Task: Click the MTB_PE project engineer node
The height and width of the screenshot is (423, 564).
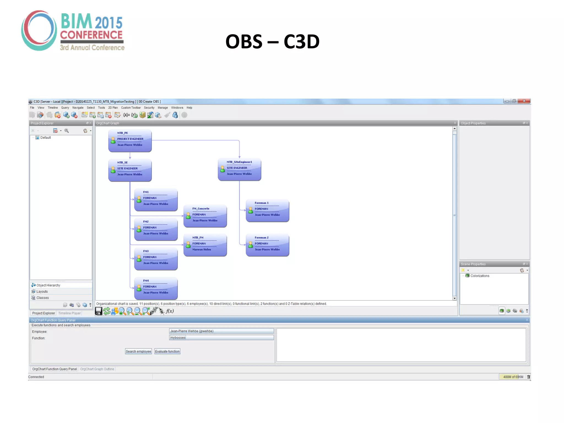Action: click(x=130, y=141)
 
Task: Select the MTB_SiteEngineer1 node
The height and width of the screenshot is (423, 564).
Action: click(x=239, y=169)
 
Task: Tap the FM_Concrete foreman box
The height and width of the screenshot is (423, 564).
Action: click(x=205, y=216)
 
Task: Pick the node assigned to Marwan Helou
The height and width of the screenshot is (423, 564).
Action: click(x=205, y=245)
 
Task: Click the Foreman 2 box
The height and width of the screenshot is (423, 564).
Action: click(x=267, y=245)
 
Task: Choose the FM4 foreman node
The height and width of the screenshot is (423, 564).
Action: click(x=156, y=288)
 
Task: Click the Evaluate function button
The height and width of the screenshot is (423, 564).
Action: click(x=167, y=351)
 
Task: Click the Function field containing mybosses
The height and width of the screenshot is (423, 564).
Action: click(x=221, y=338)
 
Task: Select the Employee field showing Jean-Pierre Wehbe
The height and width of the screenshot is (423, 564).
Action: click(x=221, y=331)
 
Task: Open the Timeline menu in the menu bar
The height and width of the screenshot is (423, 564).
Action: click(x=53, y=108)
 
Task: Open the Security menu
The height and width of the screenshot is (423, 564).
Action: click(x=149, y=108)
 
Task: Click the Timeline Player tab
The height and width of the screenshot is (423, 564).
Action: click(x=69, y=313)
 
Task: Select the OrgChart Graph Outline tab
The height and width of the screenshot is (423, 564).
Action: click(x=97, y=369)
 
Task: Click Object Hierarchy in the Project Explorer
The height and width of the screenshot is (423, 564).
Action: click(x=48, y=285)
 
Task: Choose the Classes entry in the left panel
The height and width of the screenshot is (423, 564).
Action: click(x=42, y=298)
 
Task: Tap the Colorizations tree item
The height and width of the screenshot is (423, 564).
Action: click(x=480, y=276)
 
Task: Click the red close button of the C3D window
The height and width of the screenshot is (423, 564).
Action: click(x=524, y=101)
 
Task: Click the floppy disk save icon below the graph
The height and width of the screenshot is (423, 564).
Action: click(x=99, y=311)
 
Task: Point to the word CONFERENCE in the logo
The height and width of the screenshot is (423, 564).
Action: click(x=91, y=35)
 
